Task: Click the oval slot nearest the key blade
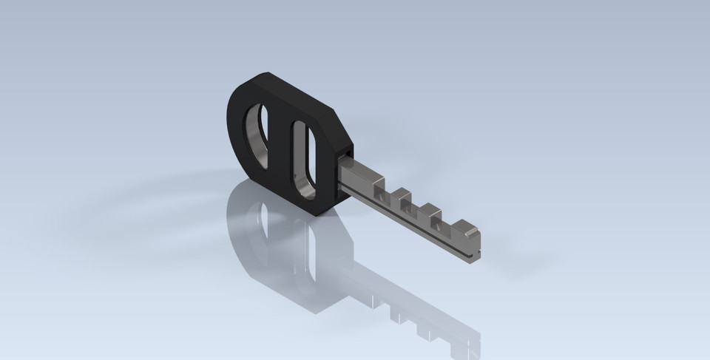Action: click(304, 159)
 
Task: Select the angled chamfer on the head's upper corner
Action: click(337, 122)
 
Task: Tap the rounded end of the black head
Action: click(235, 118)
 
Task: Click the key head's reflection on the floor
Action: click(281, 259)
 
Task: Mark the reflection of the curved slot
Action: click(259, 229)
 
